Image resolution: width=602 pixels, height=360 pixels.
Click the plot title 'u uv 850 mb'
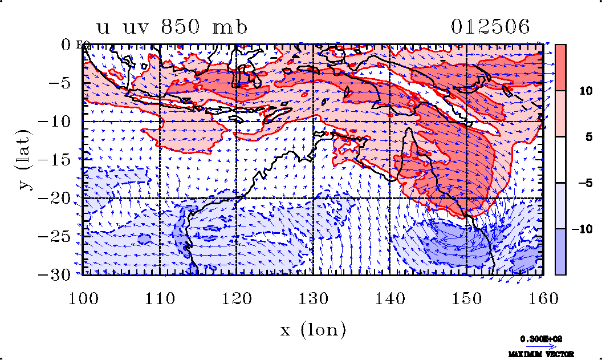coord(172,27)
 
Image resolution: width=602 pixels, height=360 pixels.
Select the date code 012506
coord(491,27)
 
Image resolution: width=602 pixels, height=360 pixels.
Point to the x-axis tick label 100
coord(83,299)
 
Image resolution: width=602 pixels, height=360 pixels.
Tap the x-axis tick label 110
coord(160,299)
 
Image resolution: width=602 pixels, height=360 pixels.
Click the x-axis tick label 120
coord(236,299)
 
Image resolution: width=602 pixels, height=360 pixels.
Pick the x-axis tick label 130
coord(313,299)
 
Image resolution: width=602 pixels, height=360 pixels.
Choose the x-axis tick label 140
coord(389,299)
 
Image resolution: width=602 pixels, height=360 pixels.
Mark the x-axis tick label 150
coord(466,299)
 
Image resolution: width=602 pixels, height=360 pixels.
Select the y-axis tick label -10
coord(60,122)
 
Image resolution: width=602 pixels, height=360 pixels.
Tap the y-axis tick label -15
coord(60,160)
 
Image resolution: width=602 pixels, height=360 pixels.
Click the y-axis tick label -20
coord(60,198)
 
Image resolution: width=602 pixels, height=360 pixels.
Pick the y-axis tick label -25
coord(60,236)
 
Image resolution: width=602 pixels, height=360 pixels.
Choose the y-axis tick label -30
coord(60,274)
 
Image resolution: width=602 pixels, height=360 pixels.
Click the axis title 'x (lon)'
coord(313,329)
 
